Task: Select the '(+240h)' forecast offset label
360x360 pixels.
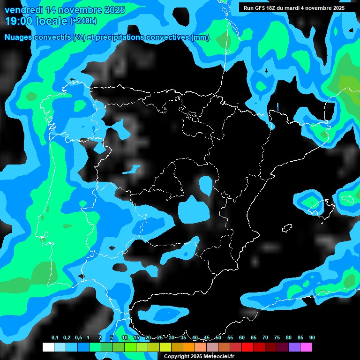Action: [x=83, y=21]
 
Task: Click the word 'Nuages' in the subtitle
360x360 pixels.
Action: [x=18, y=37]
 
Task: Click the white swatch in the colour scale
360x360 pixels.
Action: [x=48, y=347]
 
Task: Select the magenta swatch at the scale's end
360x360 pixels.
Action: [x=306, y=347]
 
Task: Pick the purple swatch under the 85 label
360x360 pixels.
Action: [x=294, y=347]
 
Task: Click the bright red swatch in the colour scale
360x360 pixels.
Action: [x=247, y=347]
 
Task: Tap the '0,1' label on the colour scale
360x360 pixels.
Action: [x=55, y=337]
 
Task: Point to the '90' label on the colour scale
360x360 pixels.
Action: [x=312, y=337]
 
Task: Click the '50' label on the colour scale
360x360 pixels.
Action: [x=218, y=337]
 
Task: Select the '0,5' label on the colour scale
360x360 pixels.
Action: [x=78, y=337]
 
